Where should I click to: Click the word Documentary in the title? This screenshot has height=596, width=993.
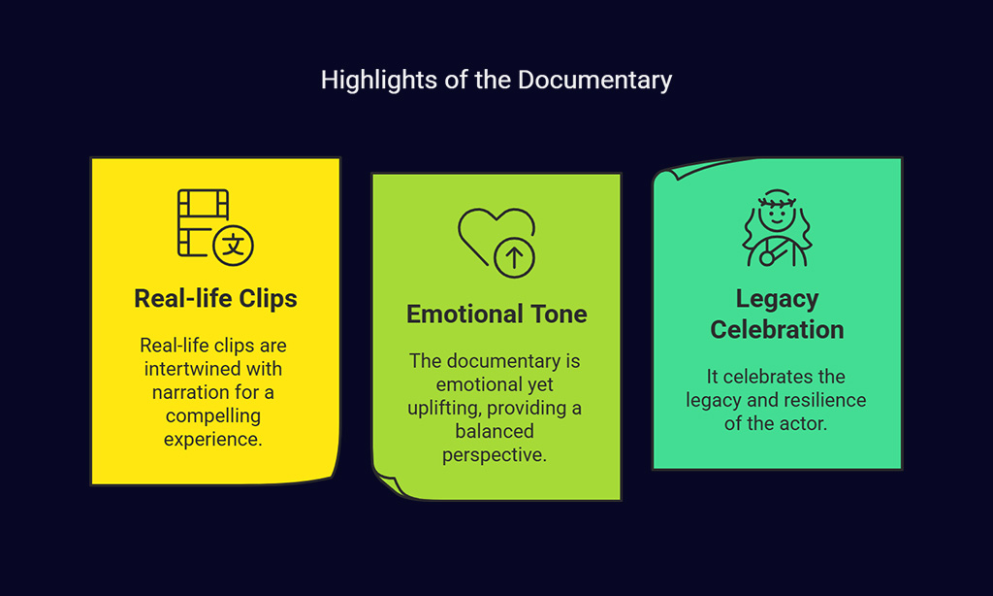pos(594,81)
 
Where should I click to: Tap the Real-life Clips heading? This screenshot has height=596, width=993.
pos(215,299)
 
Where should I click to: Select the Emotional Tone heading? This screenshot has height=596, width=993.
pos(496,314)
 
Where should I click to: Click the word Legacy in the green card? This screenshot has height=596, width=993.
pos(777,299)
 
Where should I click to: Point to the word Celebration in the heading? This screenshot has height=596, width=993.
pos(777,330)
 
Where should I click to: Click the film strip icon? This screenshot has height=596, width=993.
pos(203,222)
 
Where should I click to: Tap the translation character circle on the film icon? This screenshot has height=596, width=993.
pos(233,246)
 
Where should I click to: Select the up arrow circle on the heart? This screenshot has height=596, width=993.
pos(514,257)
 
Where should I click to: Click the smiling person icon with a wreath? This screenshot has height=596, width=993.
pos(777,228)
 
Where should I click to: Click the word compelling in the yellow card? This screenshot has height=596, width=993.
pos(212,415)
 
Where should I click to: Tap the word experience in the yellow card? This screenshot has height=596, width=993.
pos(212,440)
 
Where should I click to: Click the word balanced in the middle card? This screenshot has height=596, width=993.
pos(495,431)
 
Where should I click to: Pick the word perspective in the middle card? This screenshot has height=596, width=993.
pos(495,455)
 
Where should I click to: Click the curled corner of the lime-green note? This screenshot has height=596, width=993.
pos(389,483)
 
